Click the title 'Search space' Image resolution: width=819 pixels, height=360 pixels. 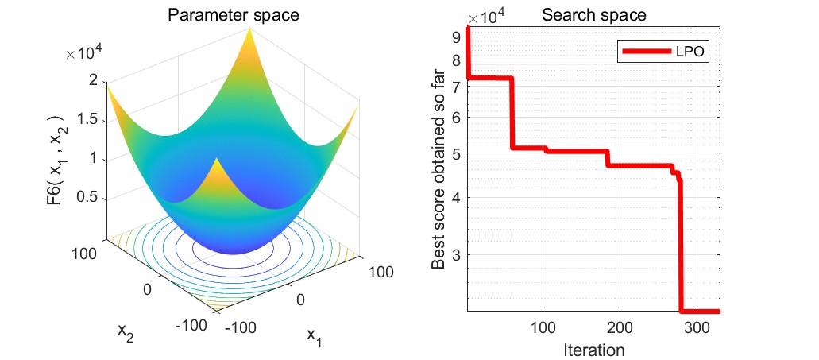pos(594,15)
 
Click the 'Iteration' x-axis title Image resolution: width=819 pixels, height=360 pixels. pos(593,350)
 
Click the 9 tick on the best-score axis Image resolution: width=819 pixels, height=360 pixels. pos(456,37)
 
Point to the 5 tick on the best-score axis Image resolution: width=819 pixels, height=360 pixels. pos(456,153)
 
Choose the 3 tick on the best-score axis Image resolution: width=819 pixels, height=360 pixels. pos(456,255)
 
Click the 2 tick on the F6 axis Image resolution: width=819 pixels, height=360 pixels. pos(94,80)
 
